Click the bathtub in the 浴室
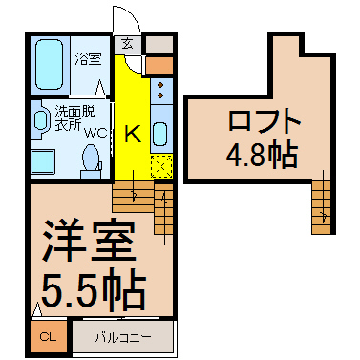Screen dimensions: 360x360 point(49,64)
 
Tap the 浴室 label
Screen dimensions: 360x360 point(88,59)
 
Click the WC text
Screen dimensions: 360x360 point(95,133)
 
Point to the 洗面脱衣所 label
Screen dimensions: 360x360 point(74,117)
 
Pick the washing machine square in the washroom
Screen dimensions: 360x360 point(42,162)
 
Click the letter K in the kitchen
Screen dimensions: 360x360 point(133,134)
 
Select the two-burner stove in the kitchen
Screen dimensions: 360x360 point(161,91)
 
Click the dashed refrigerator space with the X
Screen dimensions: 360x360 point(161,166)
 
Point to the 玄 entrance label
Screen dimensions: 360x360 point(127,44)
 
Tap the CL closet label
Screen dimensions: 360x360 point(48,337)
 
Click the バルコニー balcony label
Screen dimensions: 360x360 point(123,337)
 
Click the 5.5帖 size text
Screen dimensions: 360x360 point(94,288)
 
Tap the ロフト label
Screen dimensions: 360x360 point(265,120)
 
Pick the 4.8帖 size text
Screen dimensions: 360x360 point(262,156)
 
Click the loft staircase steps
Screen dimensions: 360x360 point(321,207)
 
